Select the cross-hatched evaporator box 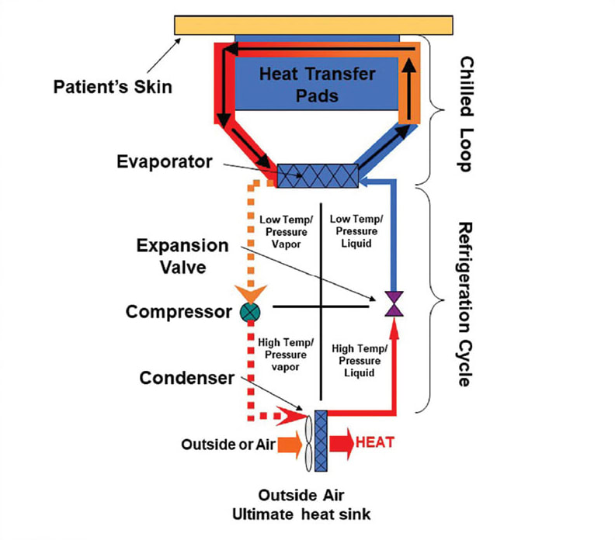click(317, 175)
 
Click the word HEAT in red click(375, 443)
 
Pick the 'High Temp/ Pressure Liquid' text click(356, 361)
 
